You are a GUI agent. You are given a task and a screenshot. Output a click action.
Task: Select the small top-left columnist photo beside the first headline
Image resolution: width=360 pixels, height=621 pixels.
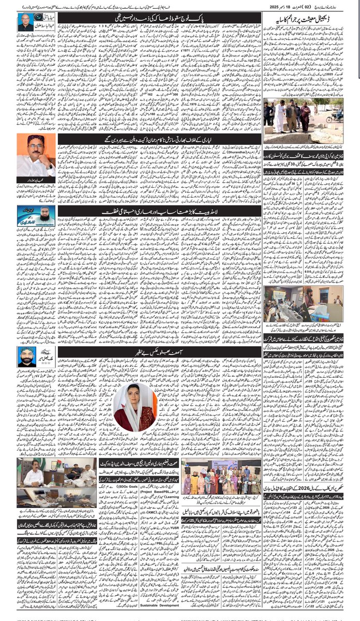(x=24, y=21)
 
